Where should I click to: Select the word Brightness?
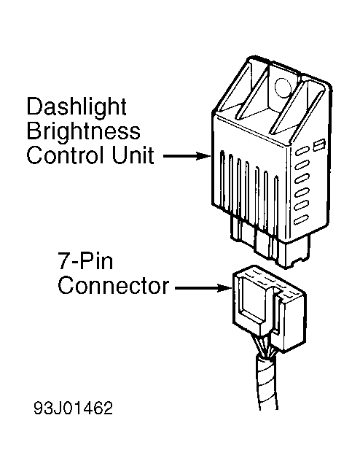point(83,131)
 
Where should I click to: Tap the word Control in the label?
point(66,155)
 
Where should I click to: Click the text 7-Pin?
point(85,261)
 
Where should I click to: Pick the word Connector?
point(114,286)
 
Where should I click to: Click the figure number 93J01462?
point(73,408)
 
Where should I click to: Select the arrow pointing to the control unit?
point(187,155)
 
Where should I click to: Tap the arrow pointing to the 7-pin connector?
point(203,288)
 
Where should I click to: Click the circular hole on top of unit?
point(282,88)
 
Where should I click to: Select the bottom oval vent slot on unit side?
point(301,220)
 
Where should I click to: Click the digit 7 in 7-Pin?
point(63,261)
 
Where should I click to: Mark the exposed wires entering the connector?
point(264,346)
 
